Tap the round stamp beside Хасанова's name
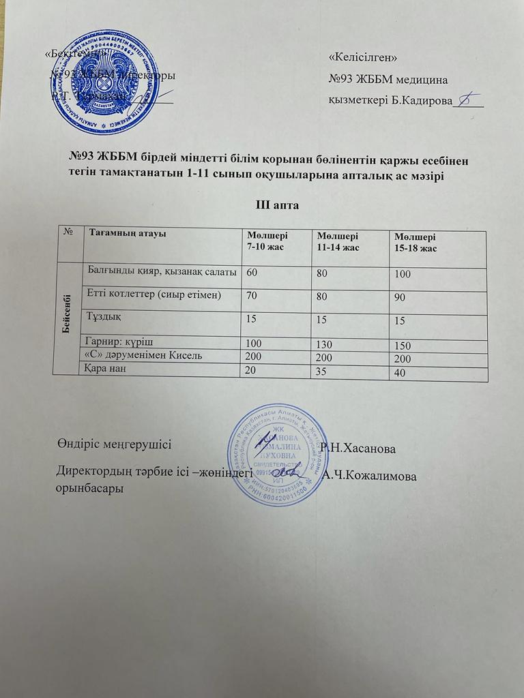tap(278, 455)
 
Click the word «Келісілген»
tap(363, 57)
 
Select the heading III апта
tap(278, 204)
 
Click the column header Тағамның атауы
tap(128, 233)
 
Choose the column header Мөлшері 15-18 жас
tap(412, 243)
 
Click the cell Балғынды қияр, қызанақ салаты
tap(162, 271)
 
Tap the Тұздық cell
tap(104, 316)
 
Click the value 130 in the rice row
tap(327, 344)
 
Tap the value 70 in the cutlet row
tap(253, 297)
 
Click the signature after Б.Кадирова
tap(469, 100)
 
